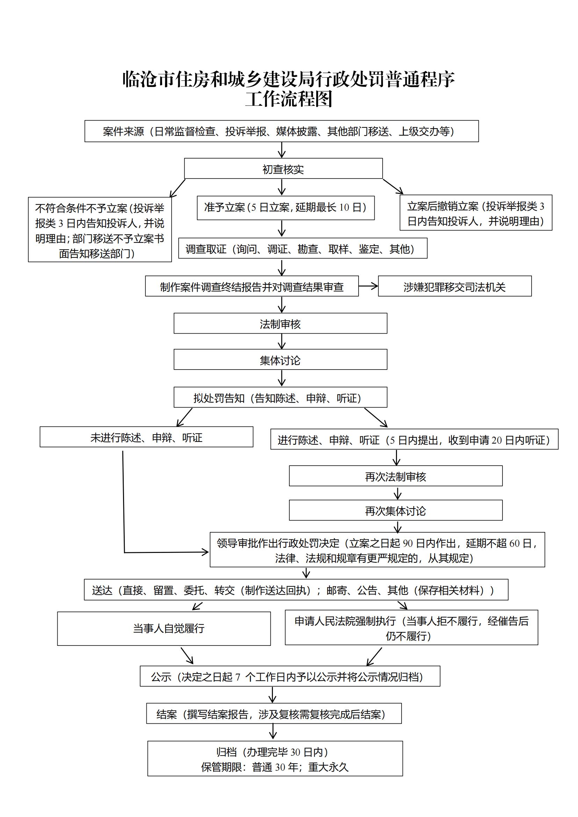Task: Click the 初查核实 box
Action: tap(283, 169)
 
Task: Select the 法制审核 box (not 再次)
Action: tap(280, 323)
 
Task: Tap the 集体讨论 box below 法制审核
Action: tap(280, 360)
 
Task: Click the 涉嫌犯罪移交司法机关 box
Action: tap(455, 286)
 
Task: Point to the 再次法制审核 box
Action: tap(396, 476)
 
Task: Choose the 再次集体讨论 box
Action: tap(396, 511)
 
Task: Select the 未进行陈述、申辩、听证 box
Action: tap(146, 437)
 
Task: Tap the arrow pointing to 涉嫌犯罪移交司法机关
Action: tap(368, 286)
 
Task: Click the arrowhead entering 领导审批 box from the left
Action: tap(205, 552)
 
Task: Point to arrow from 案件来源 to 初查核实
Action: tap(282, 150)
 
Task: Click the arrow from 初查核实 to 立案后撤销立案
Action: tap(393, 187)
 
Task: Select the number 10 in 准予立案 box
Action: tap(344, 207)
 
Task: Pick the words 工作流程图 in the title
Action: tap(289, 99)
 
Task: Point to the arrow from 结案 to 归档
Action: tap(273, 732)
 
